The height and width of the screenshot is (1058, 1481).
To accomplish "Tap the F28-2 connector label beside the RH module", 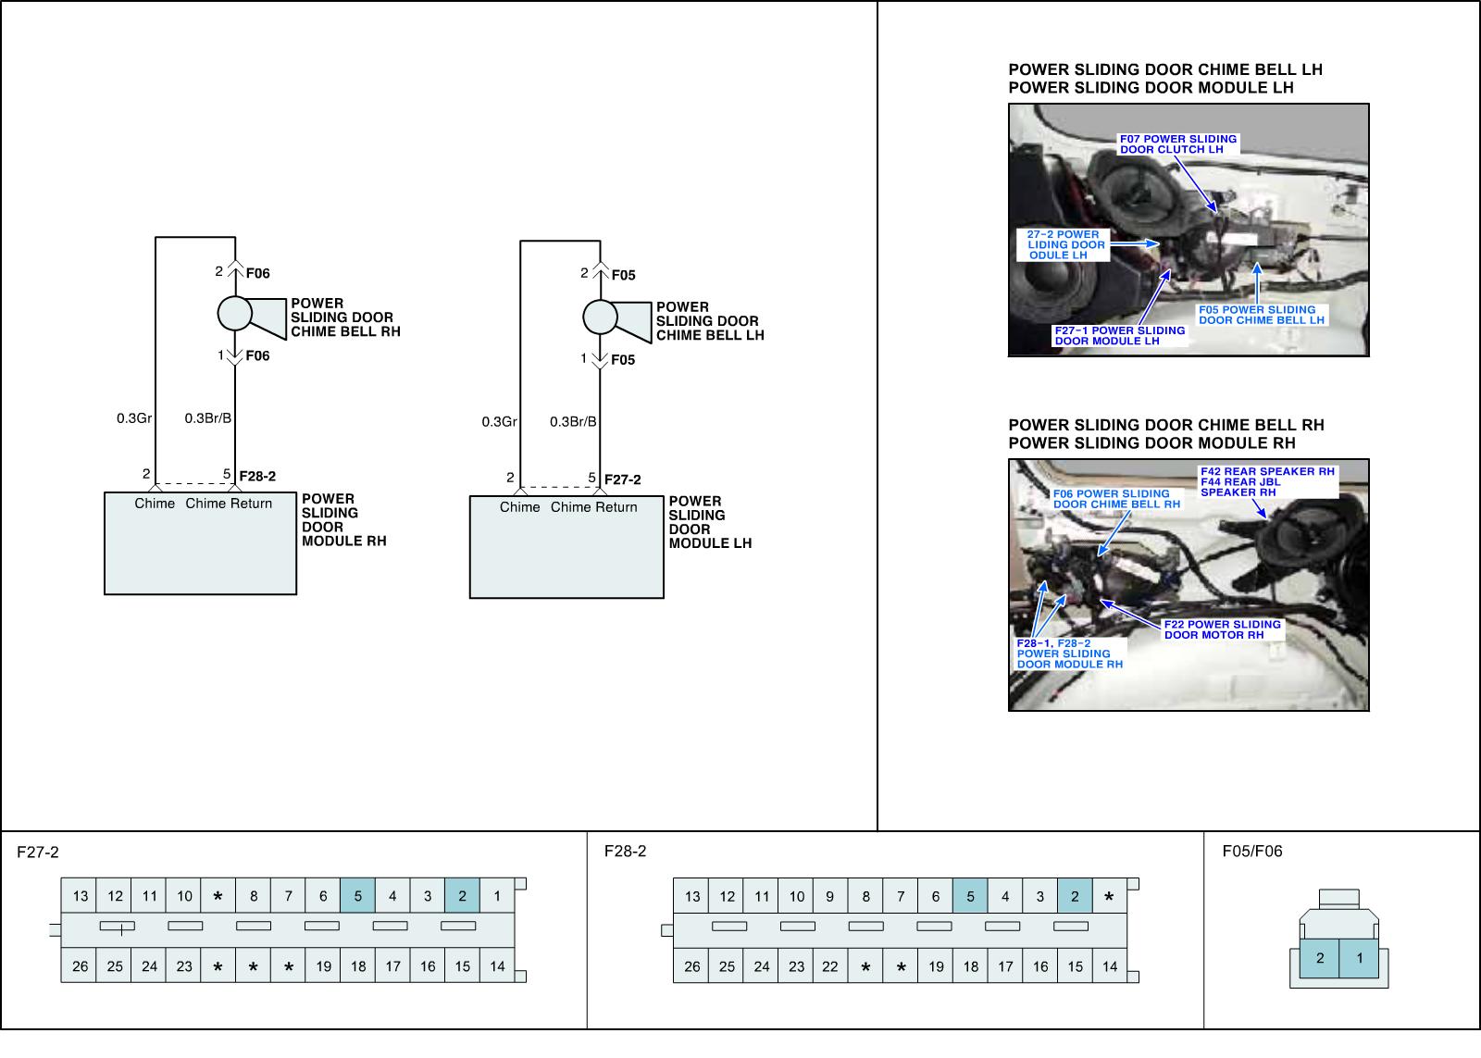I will [257, 477].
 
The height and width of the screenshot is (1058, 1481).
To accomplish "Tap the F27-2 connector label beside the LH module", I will [622, 479].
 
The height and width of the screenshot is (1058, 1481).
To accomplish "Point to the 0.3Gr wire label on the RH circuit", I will [134, 418].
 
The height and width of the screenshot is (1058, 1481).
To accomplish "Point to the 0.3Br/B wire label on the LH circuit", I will [573, 422].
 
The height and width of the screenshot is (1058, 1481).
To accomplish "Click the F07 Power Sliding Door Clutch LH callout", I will [1177, 144].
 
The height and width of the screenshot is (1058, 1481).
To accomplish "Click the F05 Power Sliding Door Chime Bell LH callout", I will [1262, 316].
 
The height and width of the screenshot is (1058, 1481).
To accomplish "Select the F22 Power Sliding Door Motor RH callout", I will [1222, 629].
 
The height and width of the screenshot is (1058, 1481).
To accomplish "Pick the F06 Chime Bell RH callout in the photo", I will [1116, 499].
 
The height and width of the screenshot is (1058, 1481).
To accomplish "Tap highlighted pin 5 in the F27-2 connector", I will [358, 896].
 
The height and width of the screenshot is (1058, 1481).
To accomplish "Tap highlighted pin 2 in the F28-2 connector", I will [1075, 896].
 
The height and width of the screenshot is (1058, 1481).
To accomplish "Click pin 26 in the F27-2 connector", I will [81, 966].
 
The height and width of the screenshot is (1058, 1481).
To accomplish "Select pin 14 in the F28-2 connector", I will [1110, 966].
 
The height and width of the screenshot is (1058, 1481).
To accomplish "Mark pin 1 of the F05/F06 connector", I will [1359, 959].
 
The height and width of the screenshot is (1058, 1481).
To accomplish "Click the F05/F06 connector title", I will [1251, 852].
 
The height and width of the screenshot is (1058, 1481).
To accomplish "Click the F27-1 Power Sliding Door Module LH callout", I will [1119, 335].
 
